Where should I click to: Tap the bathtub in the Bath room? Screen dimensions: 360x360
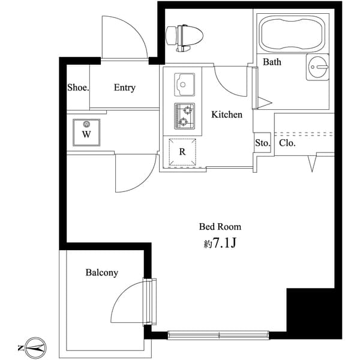(x=292, y=34)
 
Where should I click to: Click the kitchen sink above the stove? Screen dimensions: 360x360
(x=184, y=83)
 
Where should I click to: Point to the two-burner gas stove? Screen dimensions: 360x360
(x=184, y=115)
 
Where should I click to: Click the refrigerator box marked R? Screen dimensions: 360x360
(x=182, y=152)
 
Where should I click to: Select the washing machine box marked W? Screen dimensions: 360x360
(x=86, y=132)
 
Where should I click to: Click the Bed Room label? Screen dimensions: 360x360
(x=220, y=227)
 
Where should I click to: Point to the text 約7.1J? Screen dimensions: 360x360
(x=220, y=244)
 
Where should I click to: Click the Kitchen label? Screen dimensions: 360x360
(x=226, y=114)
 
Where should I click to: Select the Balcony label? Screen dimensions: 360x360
(x=101, y=272)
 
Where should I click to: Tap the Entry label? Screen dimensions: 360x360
(x=124, y=88)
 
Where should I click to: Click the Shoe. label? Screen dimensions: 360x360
(x=78, y=88)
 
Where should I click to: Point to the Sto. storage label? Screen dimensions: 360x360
(x=262, y=143)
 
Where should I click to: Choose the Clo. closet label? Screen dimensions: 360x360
(x=287, y=143)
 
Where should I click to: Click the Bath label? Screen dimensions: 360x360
(x=272, y=62)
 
